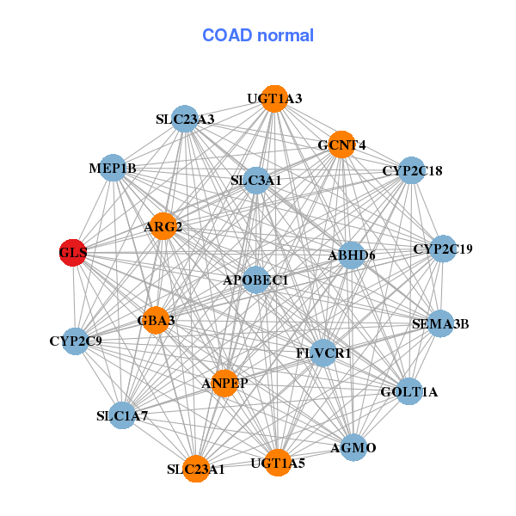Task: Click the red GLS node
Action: click(x=73, y=252)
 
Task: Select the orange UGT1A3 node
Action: click(x=275, y=98)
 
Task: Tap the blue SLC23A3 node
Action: click(x=185, y=119)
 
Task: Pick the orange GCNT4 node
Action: click(x=341, y=144)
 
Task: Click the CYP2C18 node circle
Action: click(x=412, y=170)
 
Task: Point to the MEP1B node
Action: click(x=113, y=168)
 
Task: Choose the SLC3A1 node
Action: click(x=256, y=181)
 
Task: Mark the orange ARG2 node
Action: click(x=163, y=226)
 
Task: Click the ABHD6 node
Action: click(x=352, y=255)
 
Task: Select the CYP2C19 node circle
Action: click(x=443, y=249)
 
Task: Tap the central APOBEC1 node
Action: click(x=255, y=279)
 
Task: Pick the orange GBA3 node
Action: click(x=156, y=320)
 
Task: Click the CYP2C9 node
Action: click(x=76, y=341)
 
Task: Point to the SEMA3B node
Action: click(x=440, y=323)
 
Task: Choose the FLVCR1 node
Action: click(x=323, y=353)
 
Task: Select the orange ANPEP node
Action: click(x=224, y=383)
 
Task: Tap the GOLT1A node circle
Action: click(x=409, y=391)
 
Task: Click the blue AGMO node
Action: click(x=353, y=447)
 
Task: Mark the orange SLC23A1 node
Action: click(x=196, y=469)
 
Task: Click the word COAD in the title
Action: click(x=227, y=35)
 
